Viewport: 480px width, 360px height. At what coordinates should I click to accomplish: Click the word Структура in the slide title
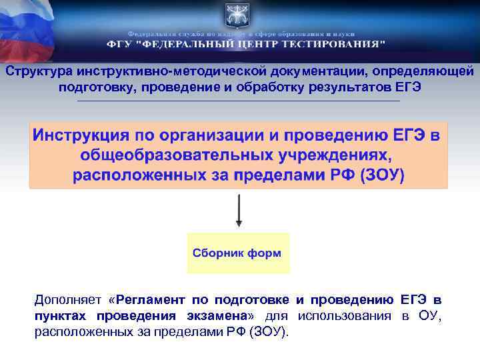coord(38,71)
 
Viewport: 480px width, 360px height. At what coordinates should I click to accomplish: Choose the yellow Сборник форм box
coord(238,253)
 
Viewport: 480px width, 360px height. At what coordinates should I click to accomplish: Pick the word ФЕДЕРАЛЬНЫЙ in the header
coord(185,45)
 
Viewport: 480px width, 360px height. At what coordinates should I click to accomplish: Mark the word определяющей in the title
coord(423,71)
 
